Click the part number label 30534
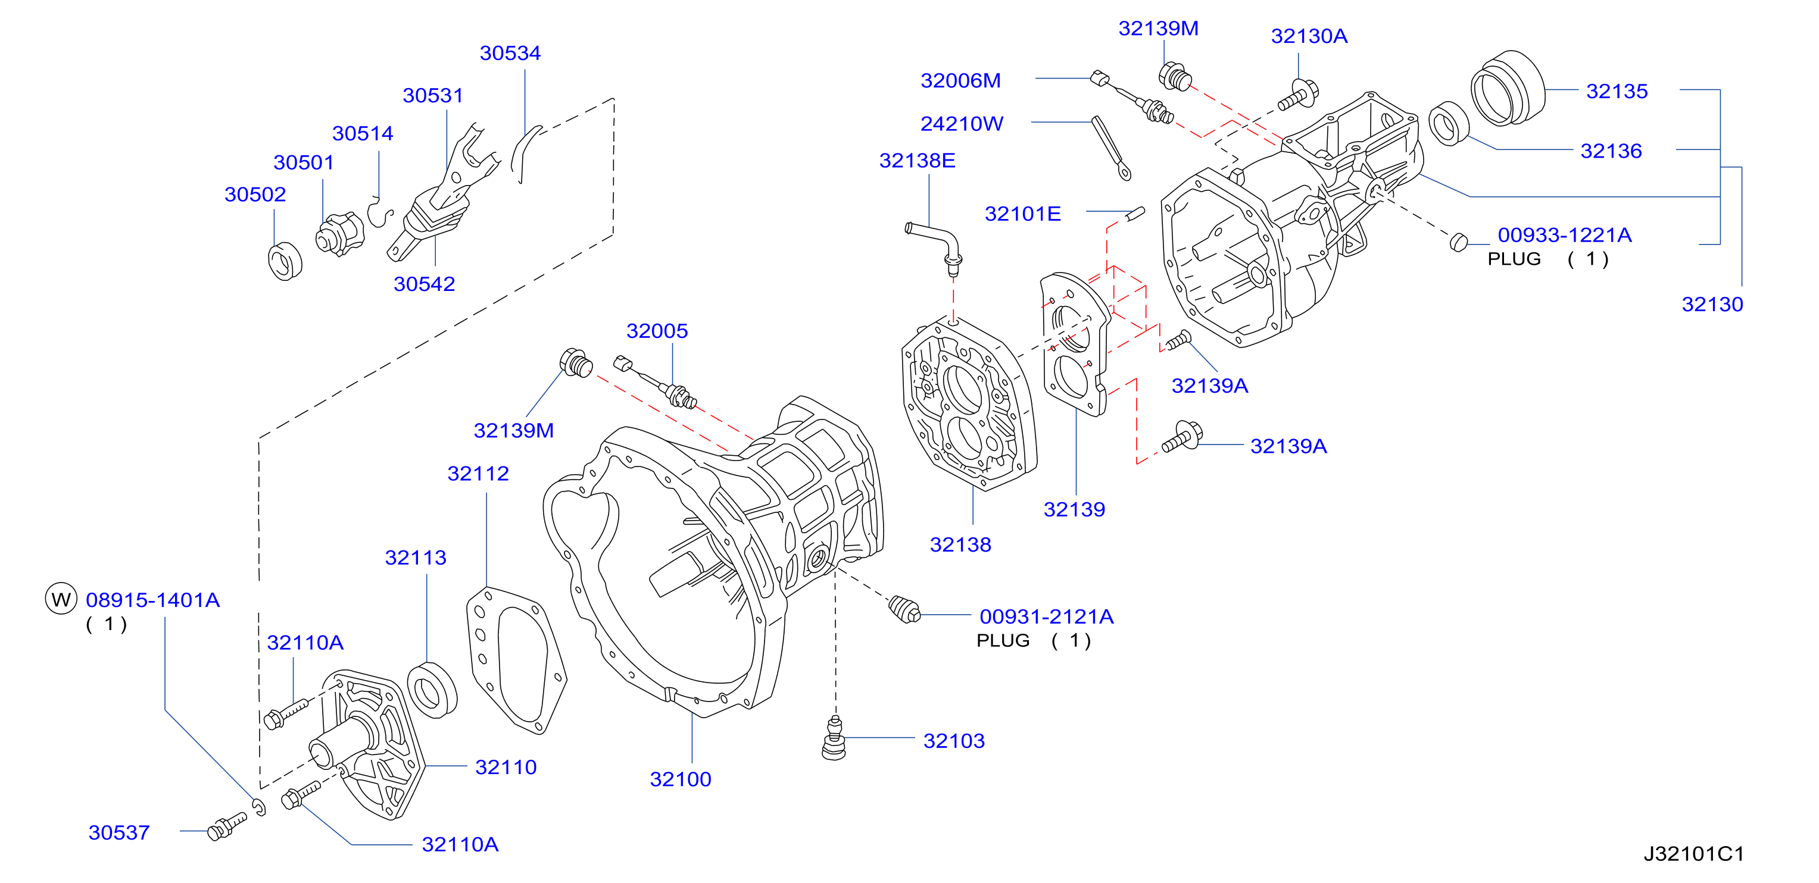click(x=510, y=53)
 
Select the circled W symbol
click(x=61, y=599)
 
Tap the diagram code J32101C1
click(x=1694, y=853)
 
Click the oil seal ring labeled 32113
click(x=432, y=689)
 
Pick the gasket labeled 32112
click(x=516, y=659)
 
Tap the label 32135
click(x=1617, y=91)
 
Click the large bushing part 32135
click(x=1508, y=87)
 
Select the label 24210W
click(x=961, y=124)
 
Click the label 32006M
click(x=960, y=80)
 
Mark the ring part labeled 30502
click(x=285, y=261)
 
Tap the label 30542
click(x=424, y=284)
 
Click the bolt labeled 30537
click(x=227, y=826)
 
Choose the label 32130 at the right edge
click(x=1712, y=304)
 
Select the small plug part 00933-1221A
click(x=1458, y=242)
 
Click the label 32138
click(x=960, y=544)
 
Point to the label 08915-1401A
click(x=152, y=600)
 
